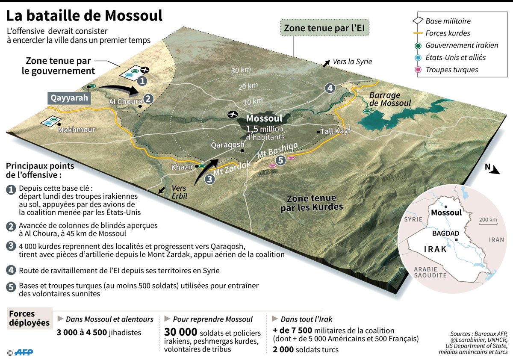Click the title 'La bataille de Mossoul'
click(x=84, y=16)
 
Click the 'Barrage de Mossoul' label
click(x=390, y=99)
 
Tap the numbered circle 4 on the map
click(x=330, y=88)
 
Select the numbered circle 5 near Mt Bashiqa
click(x=280, y=161)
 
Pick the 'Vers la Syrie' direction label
click(x=351, y=62)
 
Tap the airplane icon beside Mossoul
click(x=233, y=114)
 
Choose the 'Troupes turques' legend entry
click(x=451, y=70)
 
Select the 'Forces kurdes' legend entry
click(x=448, y=33)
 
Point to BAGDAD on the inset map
click(x=445, y=233)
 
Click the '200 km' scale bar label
click(x=488, y=220)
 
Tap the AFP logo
click(x=24, y=352)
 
